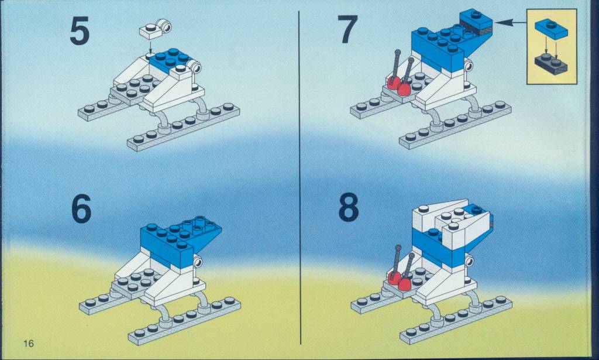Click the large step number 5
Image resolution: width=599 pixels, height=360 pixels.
click(x=80, y=32)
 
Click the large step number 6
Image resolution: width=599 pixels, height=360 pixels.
click(x=81, y=208)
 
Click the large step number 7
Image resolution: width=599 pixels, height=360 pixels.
click(x=347, y=29)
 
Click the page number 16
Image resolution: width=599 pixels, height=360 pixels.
click(x=29, y=343)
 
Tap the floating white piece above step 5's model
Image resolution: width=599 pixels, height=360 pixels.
click(x=156, y=29)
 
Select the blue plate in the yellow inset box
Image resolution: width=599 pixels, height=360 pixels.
click(x=551, y=29)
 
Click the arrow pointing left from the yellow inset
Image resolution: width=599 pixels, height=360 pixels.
click(x=511, y=23)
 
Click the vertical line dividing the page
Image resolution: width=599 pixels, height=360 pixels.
click(x=299, y=178)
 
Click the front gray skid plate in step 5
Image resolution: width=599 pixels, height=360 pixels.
click(x=183, y=127)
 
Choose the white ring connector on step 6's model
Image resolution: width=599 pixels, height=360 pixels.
click(x=198, y=262)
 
